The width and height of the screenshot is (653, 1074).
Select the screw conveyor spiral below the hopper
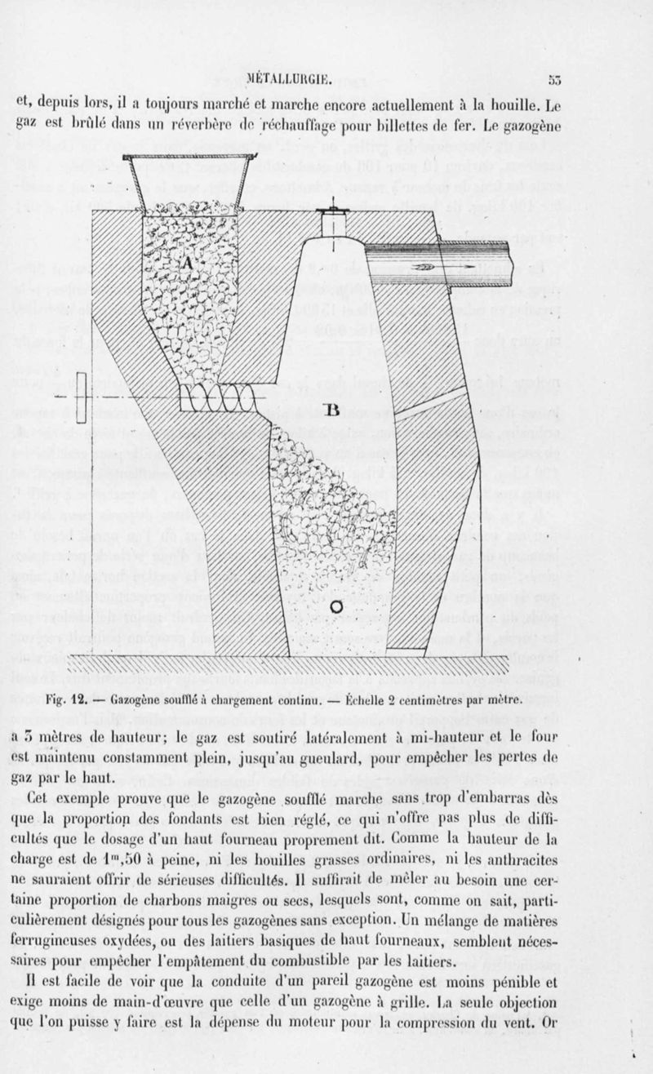point(216,399)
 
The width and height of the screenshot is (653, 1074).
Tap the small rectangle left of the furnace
point(81,395)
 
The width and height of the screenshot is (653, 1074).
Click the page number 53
point(555,80)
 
